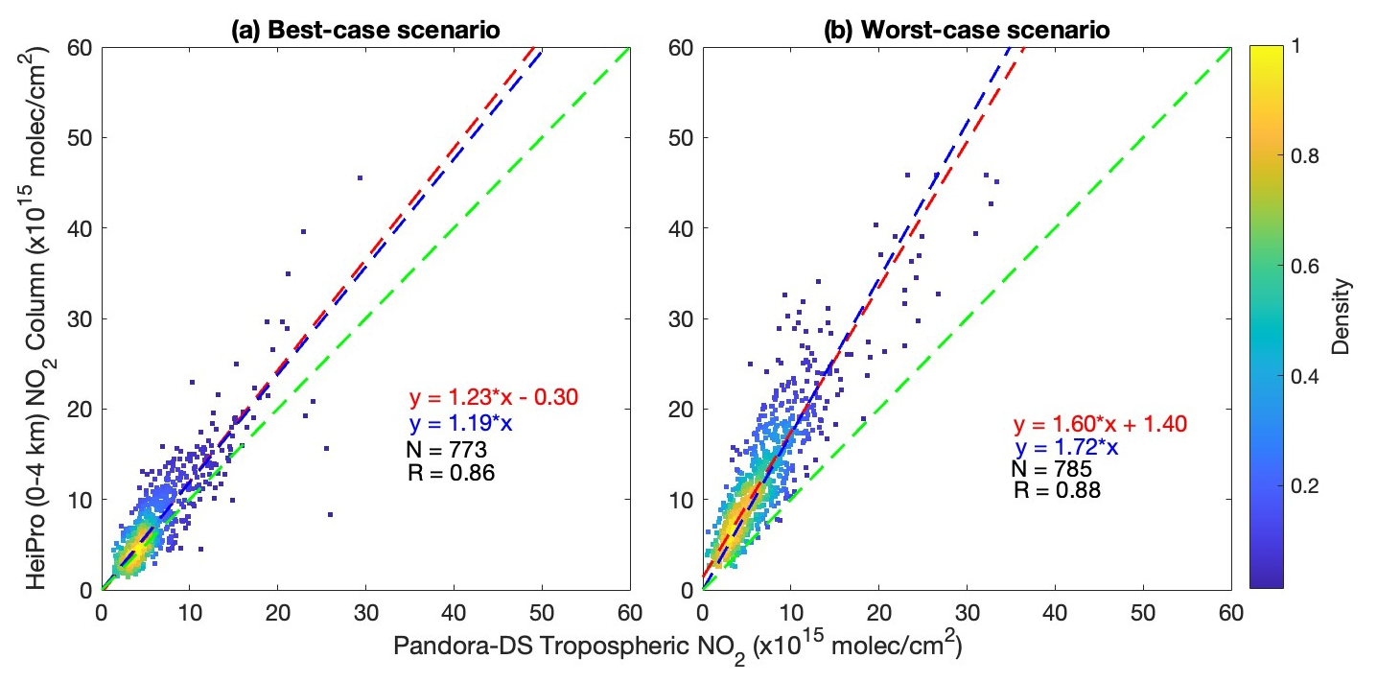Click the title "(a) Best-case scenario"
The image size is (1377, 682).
coord(364,30)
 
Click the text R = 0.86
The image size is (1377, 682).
coord(451,472)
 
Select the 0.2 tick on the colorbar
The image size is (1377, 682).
coord(1299,486)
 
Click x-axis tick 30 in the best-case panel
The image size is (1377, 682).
coord(365,610)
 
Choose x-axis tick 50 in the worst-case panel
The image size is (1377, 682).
coord(1142,610)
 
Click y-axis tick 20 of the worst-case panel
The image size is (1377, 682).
coord(685,409)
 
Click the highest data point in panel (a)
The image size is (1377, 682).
coord(360,177)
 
